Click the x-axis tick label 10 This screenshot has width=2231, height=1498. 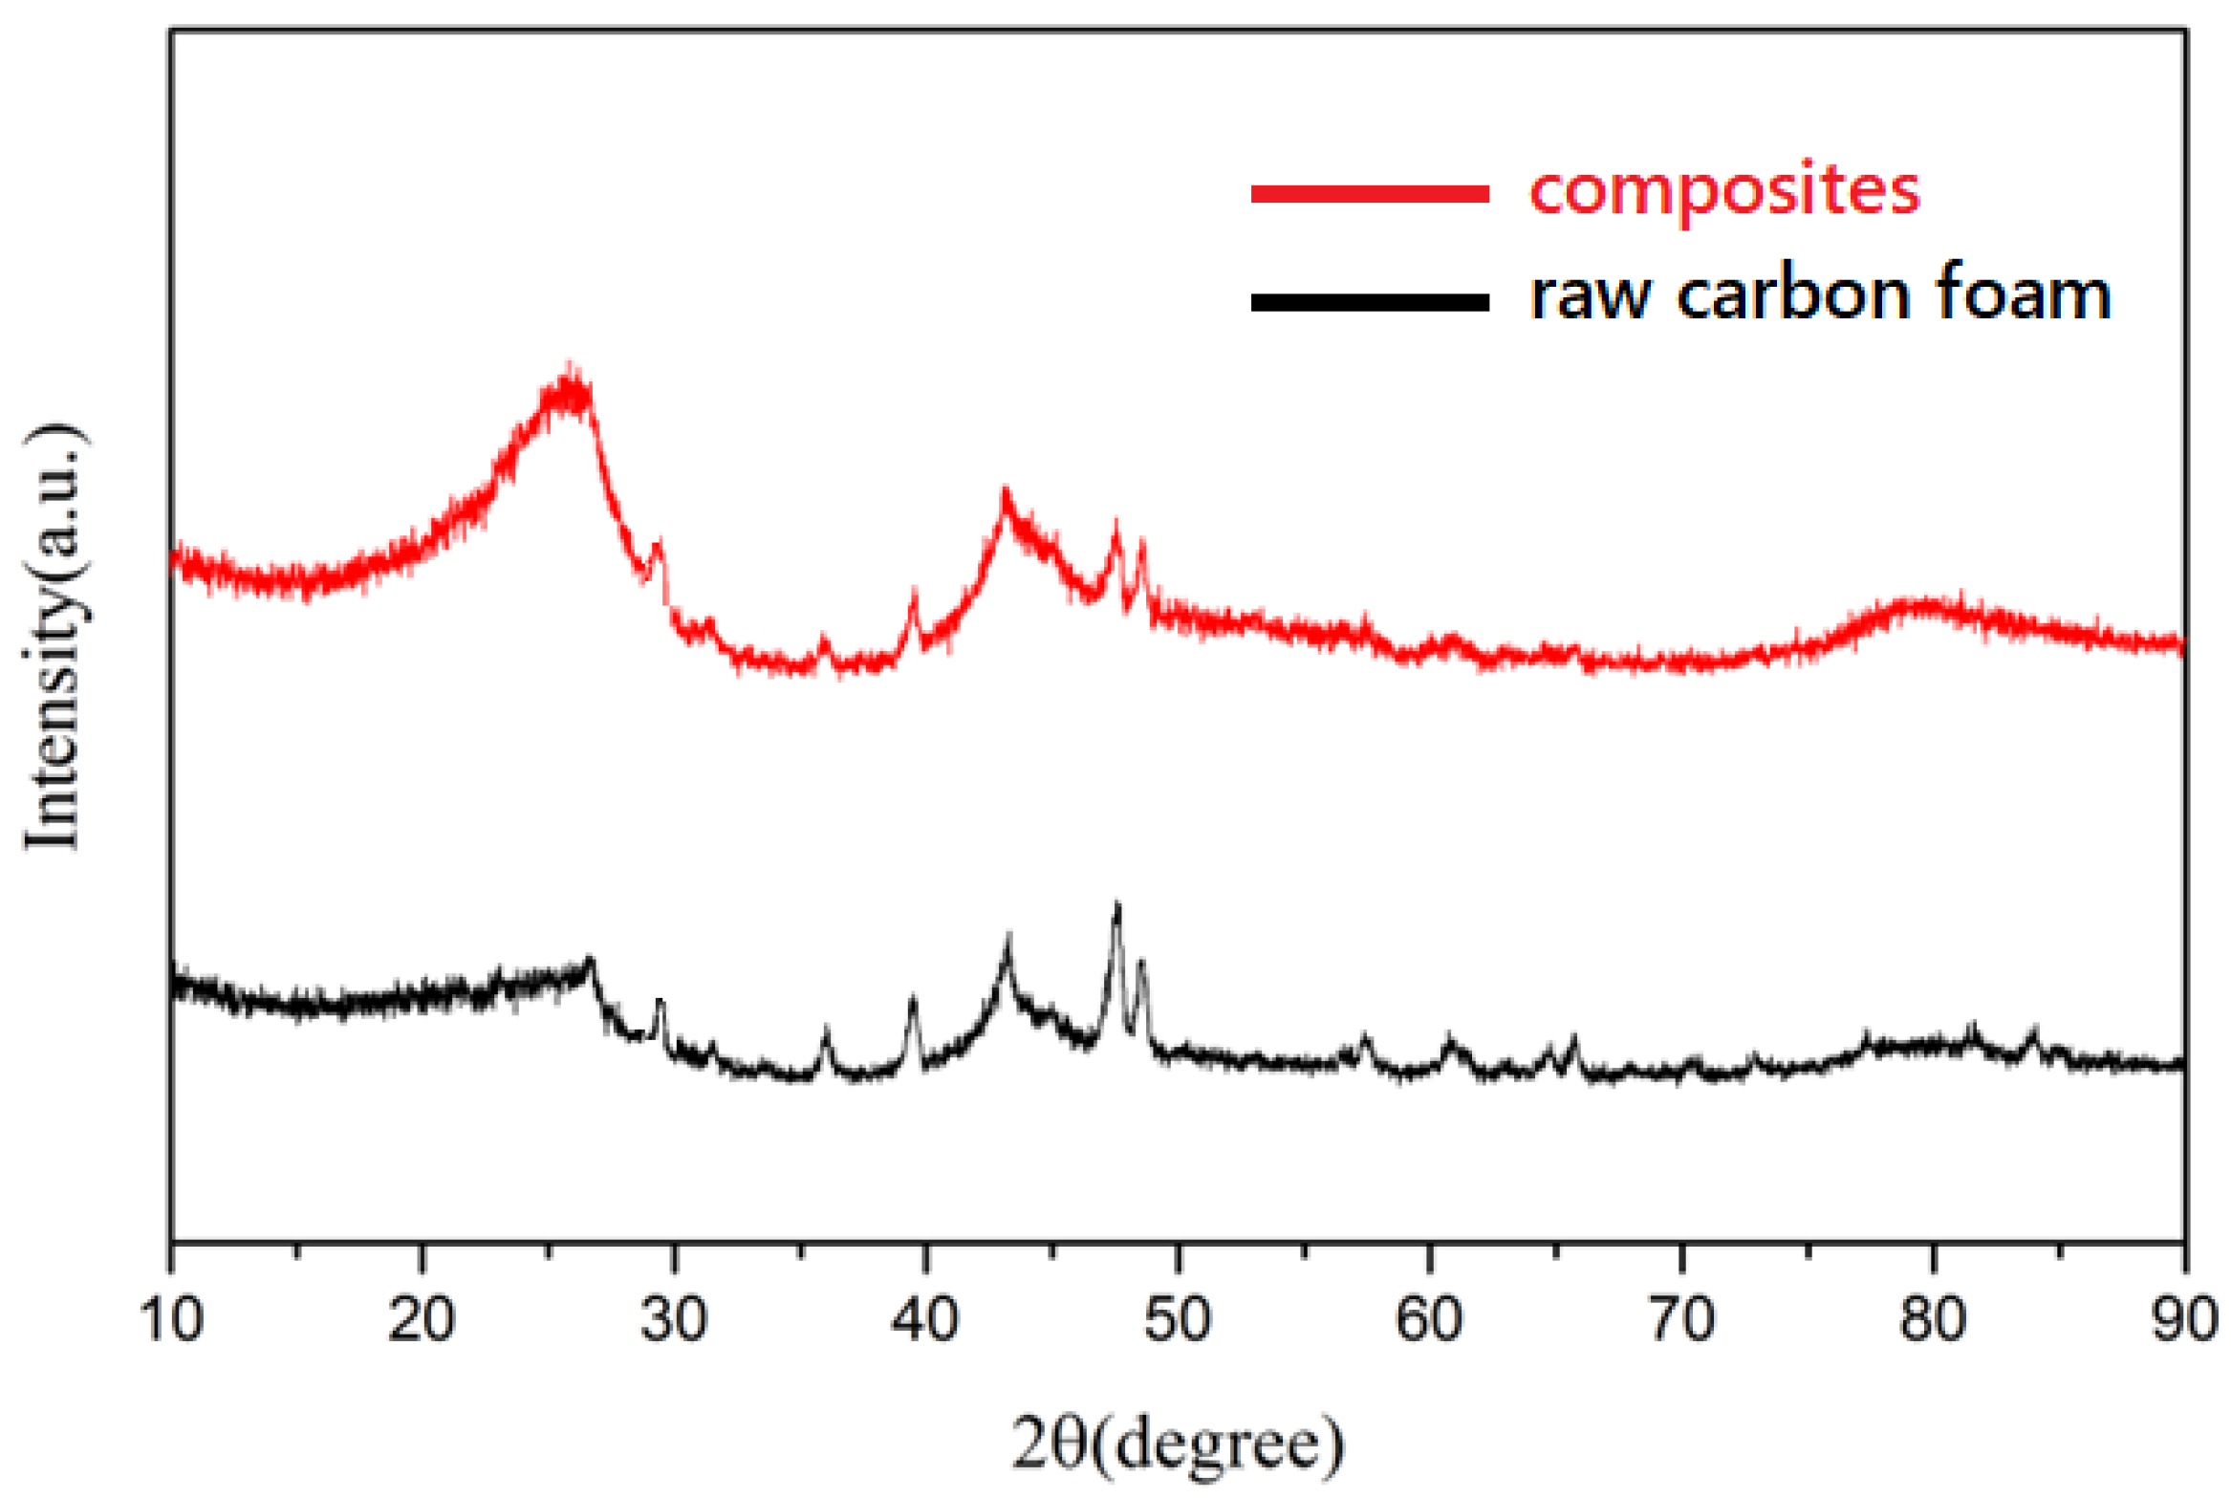pos(171,1320)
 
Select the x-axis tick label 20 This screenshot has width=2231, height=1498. pos(422,1320)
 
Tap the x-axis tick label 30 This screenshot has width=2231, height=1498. pos(674,1320)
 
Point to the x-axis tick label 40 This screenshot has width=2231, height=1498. pos(925,1320)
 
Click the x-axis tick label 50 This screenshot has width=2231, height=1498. pos(1178,1320)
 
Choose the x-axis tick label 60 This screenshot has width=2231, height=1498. pos(1429,1320)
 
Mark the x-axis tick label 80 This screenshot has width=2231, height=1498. pos(1933,1320)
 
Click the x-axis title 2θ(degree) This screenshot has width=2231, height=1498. pos(1178,1444)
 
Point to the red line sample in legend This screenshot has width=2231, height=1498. pos(1370,194)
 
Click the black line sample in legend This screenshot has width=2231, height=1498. pos(1370,303)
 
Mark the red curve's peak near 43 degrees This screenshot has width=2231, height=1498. pos(1005,496)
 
